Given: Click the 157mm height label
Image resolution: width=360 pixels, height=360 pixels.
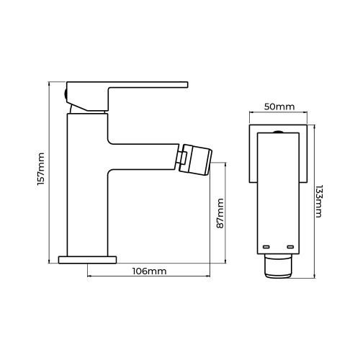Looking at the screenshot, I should pyautogui.click(x=41, y=171).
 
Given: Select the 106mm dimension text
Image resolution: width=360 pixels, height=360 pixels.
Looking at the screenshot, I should pyautogui.click(x=150, y=271).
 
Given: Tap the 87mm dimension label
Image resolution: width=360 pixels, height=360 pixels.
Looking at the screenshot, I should pyautogui.click(x=221, y=215).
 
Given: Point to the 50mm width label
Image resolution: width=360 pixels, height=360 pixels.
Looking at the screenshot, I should pyautogui.click(x=279, y=107).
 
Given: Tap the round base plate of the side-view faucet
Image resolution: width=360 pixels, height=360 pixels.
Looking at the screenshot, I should pyautogui.click(x=87, y=257).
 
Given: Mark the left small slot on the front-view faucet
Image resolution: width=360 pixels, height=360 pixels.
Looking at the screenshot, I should pyautogui.click(x=266, y=247).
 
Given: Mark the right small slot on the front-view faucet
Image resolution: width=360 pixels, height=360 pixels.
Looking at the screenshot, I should pyautogui.click(x=291, y=247).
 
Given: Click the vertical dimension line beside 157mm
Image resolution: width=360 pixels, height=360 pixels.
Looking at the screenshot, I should pyautogui.click(x=50, y=171).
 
